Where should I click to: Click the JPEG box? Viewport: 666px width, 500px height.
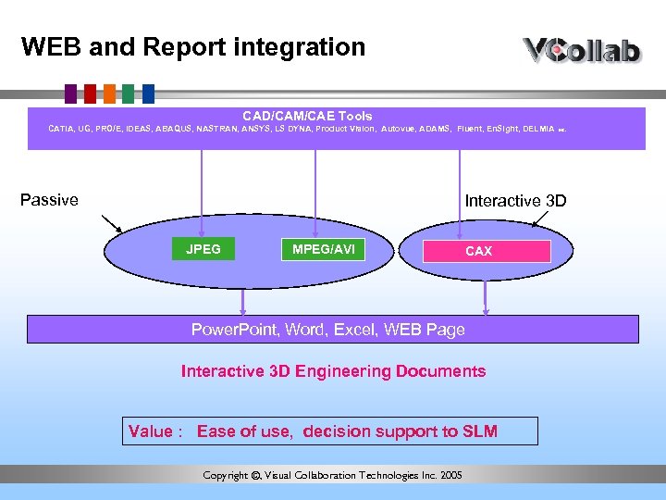tap(203, 249)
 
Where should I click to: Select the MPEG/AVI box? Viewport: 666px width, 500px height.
tap(323, 249)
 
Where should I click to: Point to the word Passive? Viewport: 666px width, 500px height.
tap(49, 200)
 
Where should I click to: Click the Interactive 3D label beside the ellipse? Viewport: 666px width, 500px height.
tap(515, 201)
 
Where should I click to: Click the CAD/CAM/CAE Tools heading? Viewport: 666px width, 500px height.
tap(307, 116)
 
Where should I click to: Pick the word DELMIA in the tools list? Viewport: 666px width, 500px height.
tap(538, 130)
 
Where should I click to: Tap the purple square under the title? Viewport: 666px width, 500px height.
tap(69, 93)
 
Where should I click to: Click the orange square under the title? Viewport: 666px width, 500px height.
tap(109, 93)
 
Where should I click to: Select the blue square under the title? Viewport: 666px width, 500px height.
tap(148, 93)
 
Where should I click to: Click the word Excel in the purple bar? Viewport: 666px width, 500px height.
tap(352, 330)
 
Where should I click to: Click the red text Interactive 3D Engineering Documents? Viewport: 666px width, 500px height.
tap(333, 371)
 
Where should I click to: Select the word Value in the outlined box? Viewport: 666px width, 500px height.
tap(150, 431)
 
